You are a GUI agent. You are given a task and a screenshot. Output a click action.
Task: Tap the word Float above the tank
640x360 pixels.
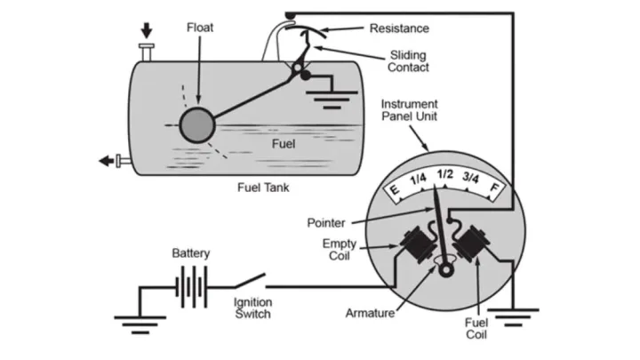(x=200, y=27)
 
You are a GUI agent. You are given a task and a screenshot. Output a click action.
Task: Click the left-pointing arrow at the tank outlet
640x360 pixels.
(x=108, y=161)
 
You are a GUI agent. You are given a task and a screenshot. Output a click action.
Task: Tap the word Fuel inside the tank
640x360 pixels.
(x=287, y=142)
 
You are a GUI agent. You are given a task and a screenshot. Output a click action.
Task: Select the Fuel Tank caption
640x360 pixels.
(x=267, y=188)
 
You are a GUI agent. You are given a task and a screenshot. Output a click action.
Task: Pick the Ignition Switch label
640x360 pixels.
(x=252, y=308)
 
